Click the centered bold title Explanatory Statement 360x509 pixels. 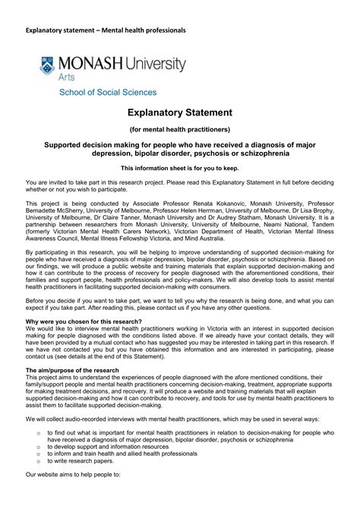pyautogui.click(x=179, y=112)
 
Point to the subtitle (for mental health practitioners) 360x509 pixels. pyautogui.click(x=179, y=130)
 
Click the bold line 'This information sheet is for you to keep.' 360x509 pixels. pyautogui.click(x=179, y=166)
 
